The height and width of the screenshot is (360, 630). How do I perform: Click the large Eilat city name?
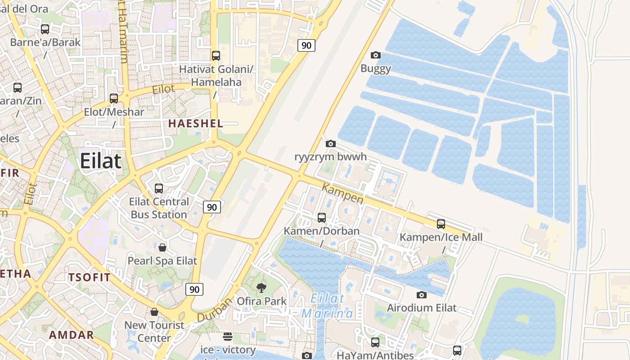[101, 161]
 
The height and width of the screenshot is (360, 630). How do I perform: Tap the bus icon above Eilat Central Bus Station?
[159, 189]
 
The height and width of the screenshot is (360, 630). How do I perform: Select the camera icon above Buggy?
[375, 55]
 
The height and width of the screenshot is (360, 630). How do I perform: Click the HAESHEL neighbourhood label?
[195, 123]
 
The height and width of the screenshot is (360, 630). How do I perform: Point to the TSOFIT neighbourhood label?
[89, 277]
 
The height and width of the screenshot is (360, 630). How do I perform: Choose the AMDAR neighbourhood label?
[71, 335]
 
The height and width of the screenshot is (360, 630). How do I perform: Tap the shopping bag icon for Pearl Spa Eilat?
[162, 247]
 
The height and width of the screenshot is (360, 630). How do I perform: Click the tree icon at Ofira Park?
[261, 288]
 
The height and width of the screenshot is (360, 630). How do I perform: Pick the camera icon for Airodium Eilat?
[422, 295]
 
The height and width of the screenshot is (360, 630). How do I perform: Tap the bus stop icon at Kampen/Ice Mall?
[441, 224]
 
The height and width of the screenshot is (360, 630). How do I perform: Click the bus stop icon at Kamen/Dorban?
[322, 218]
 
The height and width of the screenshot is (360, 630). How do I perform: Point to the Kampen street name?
[343, 193]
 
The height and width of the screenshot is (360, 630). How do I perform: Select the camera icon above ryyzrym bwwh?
[331, 144]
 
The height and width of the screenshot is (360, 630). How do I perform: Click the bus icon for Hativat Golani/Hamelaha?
[216, 56]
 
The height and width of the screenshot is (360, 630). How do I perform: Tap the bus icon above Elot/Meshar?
[114, 99]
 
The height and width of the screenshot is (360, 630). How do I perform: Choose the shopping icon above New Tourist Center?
[154, 312]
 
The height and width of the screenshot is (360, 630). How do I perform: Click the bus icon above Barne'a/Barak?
[45, 29]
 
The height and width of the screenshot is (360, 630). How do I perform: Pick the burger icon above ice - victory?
[228, 337]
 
